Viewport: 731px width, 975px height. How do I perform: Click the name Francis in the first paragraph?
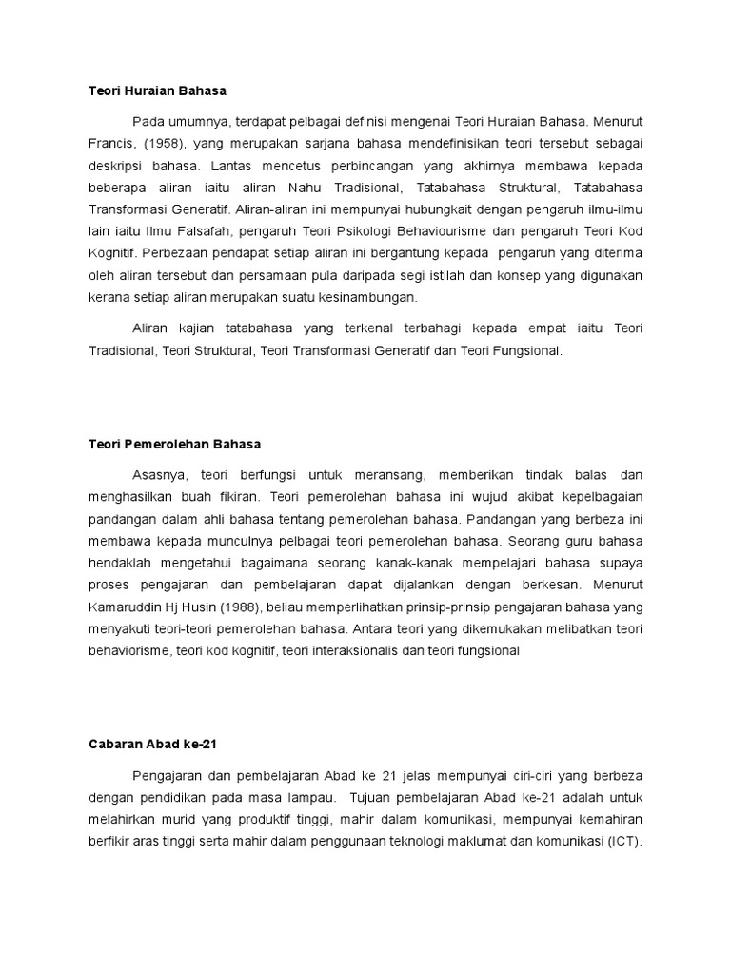coord(101,143)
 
